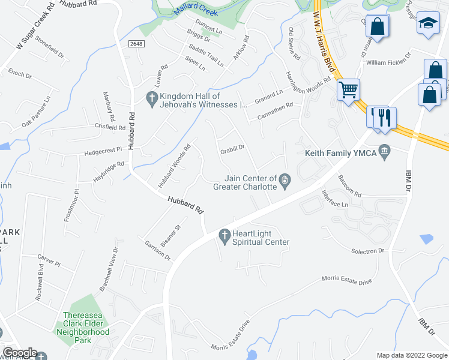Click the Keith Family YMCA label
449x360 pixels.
(340, 154)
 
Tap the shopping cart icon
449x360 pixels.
(348, 91)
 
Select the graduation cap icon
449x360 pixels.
(427, 23)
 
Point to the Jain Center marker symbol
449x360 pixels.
(285, 178)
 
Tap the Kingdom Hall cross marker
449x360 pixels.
(152, 97)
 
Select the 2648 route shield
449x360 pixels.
(136, 44)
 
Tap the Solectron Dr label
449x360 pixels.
(367, 251)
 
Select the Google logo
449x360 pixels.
(19, 353)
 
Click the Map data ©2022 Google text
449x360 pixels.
(411, 355)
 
